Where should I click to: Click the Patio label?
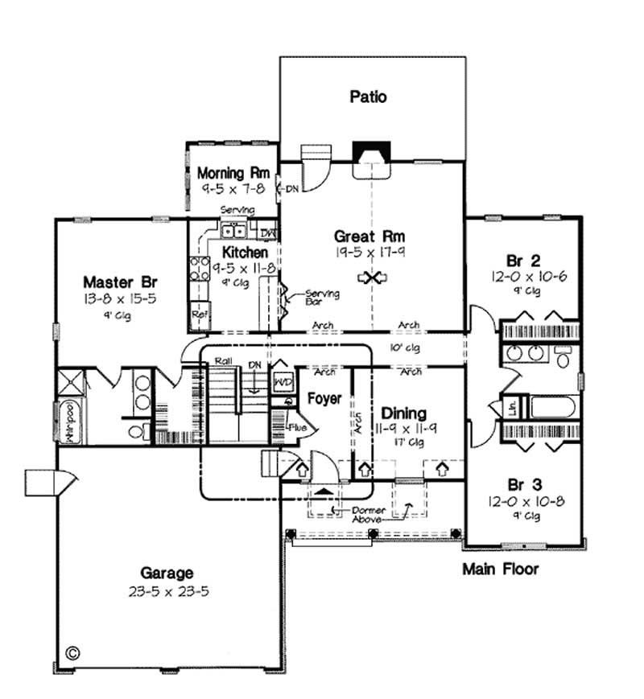pyautogui.click(x=369, y=97)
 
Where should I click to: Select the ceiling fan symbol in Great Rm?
pyautogui.click(x=373, y=278)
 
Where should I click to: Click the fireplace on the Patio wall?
pyautogui.click(x=371, y=154)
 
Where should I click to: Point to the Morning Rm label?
pyautogui.click(x=233, y=173)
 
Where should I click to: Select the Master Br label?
pyautogui.click(x=120, y=282)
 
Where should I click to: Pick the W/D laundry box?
pyautogui.click(x=283, y=381)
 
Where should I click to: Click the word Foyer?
pyautogui.click(x=324, y=398)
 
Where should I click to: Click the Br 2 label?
pyautogui.click(x=522, y=260)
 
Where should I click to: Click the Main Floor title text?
pyautogui.click(x=500, y=569)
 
